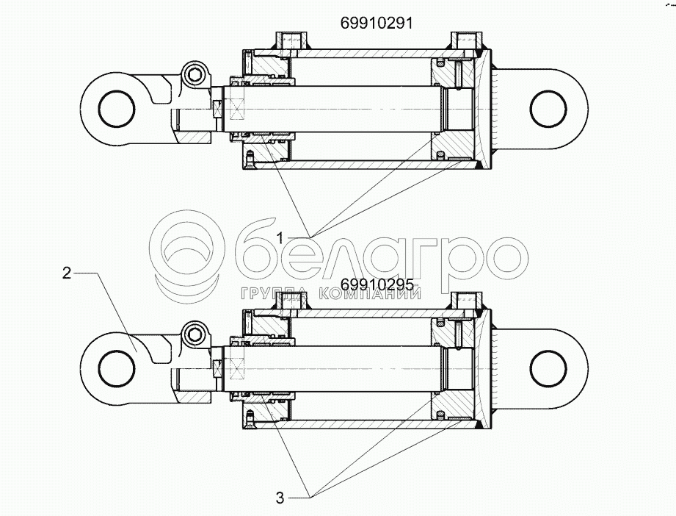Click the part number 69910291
click(377, 23)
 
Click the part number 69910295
click(377, 284)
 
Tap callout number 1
click(280, 237)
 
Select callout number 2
click(66, 273)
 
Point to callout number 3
click(280, 498)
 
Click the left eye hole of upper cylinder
click(117, 108)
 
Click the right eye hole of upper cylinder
click(548, 108)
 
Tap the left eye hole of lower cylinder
click(117, 368)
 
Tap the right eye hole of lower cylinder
click(548, 368)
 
